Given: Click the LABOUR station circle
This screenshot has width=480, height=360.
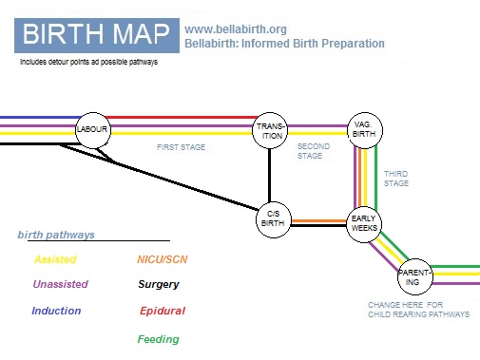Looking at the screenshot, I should [x=93, y=130].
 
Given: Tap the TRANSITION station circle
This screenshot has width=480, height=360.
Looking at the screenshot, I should [x=271, y=131].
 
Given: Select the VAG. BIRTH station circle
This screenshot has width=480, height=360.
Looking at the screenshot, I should [x=362, y=129].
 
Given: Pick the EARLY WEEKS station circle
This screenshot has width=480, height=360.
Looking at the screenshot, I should [x=365, y=223].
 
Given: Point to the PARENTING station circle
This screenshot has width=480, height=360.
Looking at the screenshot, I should [x=415, y=276].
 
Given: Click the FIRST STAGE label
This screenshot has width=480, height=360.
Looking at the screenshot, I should [x=182, y=147].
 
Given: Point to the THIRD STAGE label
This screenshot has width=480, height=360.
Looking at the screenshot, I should [x=395, y=178].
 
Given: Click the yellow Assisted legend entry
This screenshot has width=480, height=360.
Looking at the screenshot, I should [x=54, y=259].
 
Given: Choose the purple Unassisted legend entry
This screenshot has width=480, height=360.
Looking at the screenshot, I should [x=60, y=284].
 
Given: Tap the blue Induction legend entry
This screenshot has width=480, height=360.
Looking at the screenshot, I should [x=56, y=311].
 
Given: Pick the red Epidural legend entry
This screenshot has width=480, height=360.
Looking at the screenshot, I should [x=163, y=311].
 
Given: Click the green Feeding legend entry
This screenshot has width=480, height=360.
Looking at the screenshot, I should [x=158, y=339].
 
